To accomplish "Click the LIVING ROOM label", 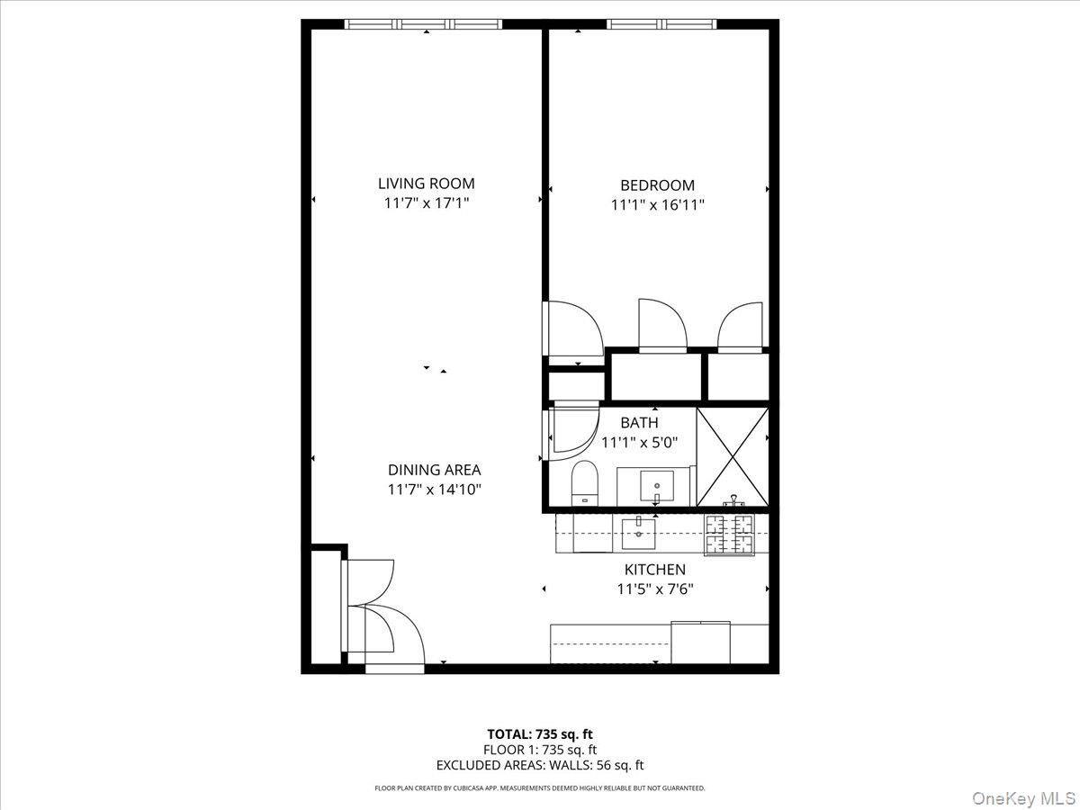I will [427, 184].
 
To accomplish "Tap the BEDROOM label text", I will [657, 185].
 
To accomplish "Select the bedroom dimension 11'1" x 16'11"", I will [657, 205].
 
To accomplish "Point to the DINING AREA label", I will [435, 470].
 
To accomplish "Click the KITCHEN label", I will [655, 570].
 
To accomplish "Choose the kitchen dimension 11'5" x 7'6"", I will [655, 589].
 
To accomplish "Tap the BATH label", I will [639, 422].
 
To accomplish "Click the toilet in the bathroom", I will [585, 483].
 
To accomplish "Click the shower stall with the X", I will [733, 456].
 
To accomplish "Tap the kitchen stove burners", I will [727, 535].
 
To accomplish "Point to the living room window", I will [427, 24].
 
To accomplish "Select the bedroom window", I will [662, 24].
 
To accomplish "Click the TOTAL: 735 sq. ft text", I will [540, 733].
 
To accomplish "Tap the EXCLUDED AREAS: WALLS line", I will [540, 766].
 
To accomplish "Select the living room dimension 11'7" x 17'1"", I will [427, 203].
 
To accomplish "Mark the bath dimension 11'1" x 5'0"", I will [639, 442].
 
